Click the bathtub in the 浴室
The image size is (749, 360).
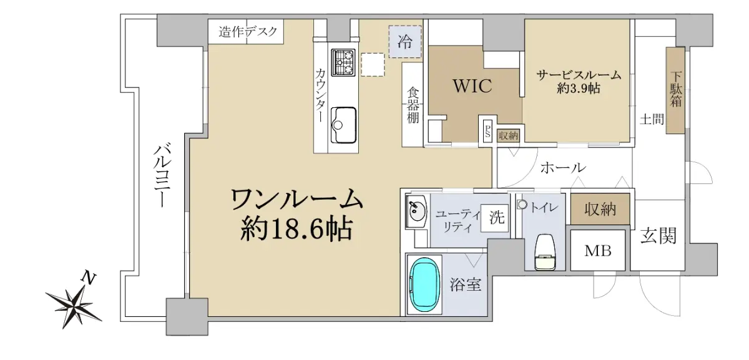click(424, 285)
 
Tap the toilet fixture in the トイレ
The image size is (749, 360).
click(545, 252)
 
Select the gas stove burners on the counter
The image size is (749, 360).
click(343, 62)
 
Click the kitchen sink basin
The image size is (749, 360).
click(343, 125)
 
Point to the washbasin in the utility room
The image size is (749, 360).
click(416, 212)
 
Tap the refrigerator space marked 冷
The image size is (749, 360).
click(405, 42)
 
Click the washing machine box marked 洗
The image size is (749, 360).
click(495, 218)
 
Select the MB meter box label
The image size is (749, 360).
click(598, 251)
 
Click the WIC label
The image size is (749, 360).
click(472, 86)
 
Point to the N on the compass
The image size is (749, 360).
click(89, 278)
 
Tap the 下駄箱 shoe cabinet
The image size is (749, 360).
click(675, 90)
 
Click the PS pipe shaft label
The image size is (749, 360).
click(488, 130)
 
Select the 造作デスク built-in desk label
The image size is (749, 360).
click(248, 32)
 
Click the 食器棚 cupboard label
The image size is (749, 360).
click(413, 105)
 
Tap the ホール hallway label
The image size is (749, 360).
click(564, 167)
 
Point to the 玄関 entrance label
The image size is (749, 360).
click(658, 236)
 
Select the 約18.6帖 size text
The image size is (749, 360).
click(296, 229)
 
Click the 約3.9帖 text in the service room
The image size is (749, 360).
click(579, 88)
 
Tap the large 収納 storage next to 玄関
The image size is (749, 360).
click(600, 209)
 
